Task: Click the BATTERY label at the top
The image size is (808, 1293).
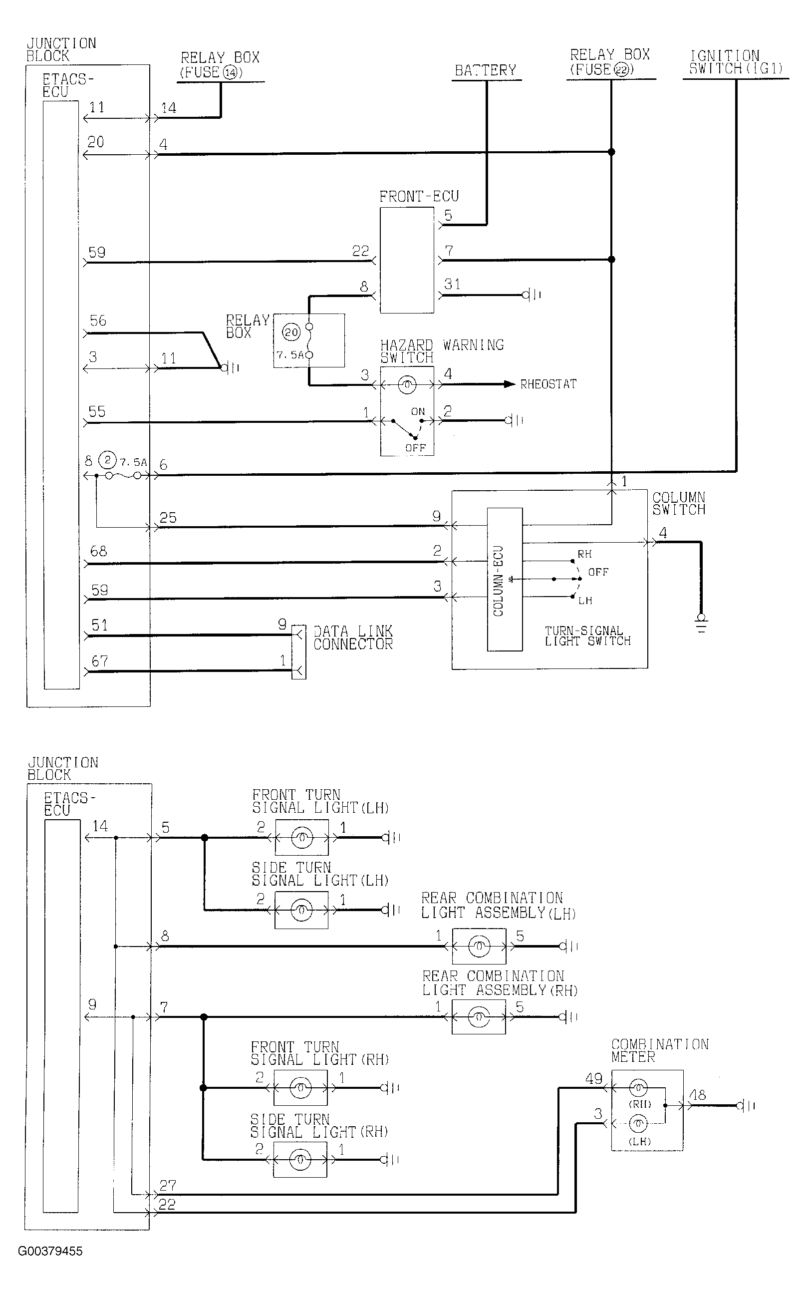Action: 485,70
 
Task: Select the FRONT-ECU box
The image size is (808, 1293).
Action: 407,260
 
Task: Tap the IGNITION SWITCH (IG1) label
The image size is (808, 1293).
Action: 735,62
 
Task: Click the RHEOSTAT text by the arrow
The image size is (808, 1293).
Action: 548,384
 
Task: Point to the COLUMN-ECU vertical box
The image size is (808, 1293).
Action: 505,579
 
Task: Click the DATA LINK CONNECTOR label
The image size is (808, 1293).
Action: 353,638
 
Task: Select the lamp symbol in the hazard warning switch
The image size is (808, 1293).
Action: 407,385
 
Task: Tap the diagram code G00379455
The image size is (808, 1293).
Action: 50,1251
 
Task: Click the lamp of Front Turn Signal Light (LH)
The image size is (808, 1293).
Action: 302,838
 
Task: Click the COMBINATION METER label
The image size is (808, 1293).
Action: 660,1050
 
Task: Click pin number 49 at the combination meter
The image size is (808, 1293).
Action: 594,1079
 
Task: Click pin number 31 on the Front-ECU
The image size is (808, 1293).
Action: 452,285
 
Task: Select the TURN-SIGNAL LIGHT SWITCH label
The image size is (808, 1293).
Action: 588,636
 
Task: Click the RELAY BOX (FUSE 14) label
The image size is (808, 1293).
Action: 220,65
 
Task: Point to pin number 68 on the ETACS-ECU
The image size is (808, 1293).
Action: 99,551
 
